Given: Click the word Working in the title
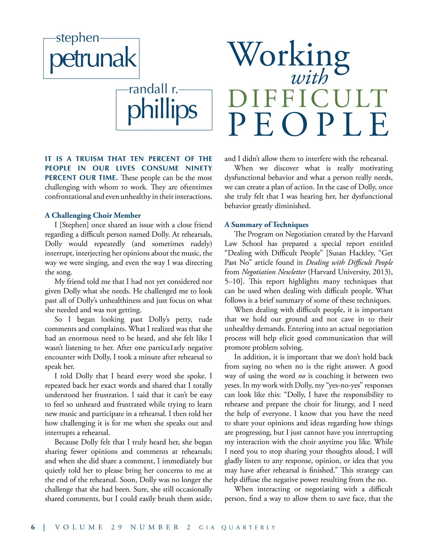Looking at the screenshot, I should [x=289, y=55].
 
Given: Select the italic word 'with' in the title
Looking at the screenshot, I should [x=310, y=78].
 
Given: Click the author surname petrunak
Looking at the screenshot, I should [x=93, y=59].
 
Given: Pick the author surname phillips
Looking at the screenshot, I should [x=162, y=110].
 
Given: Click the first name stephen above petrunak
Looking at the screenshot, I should [x=78, y=38].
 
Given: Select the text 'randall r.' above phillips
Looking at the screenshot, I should [x=153, y=89].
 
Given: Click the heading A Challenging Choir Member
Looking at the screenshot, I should [x=93, y=215].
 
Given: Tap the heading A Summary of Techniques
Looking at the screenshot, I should [x=266, y=224].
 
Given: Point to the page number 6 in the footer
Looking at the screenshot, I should [x=33, y=527].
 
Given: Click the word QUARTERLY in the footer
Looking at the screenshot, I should [x=248, y=528].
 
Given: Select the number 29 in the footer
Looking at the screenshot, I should [x=117, y=527].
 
